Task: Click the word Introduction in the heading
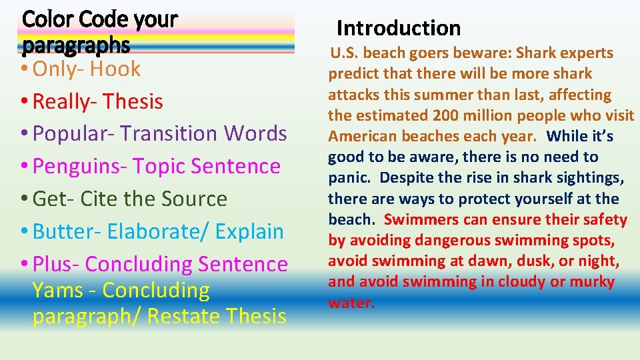pos(399,28)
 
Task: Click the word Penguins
pos(76,166)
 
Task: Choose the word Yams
pos(57,290)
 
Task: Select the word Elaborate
pos(149,231)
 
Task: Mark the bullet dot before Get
pos(25,199)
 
